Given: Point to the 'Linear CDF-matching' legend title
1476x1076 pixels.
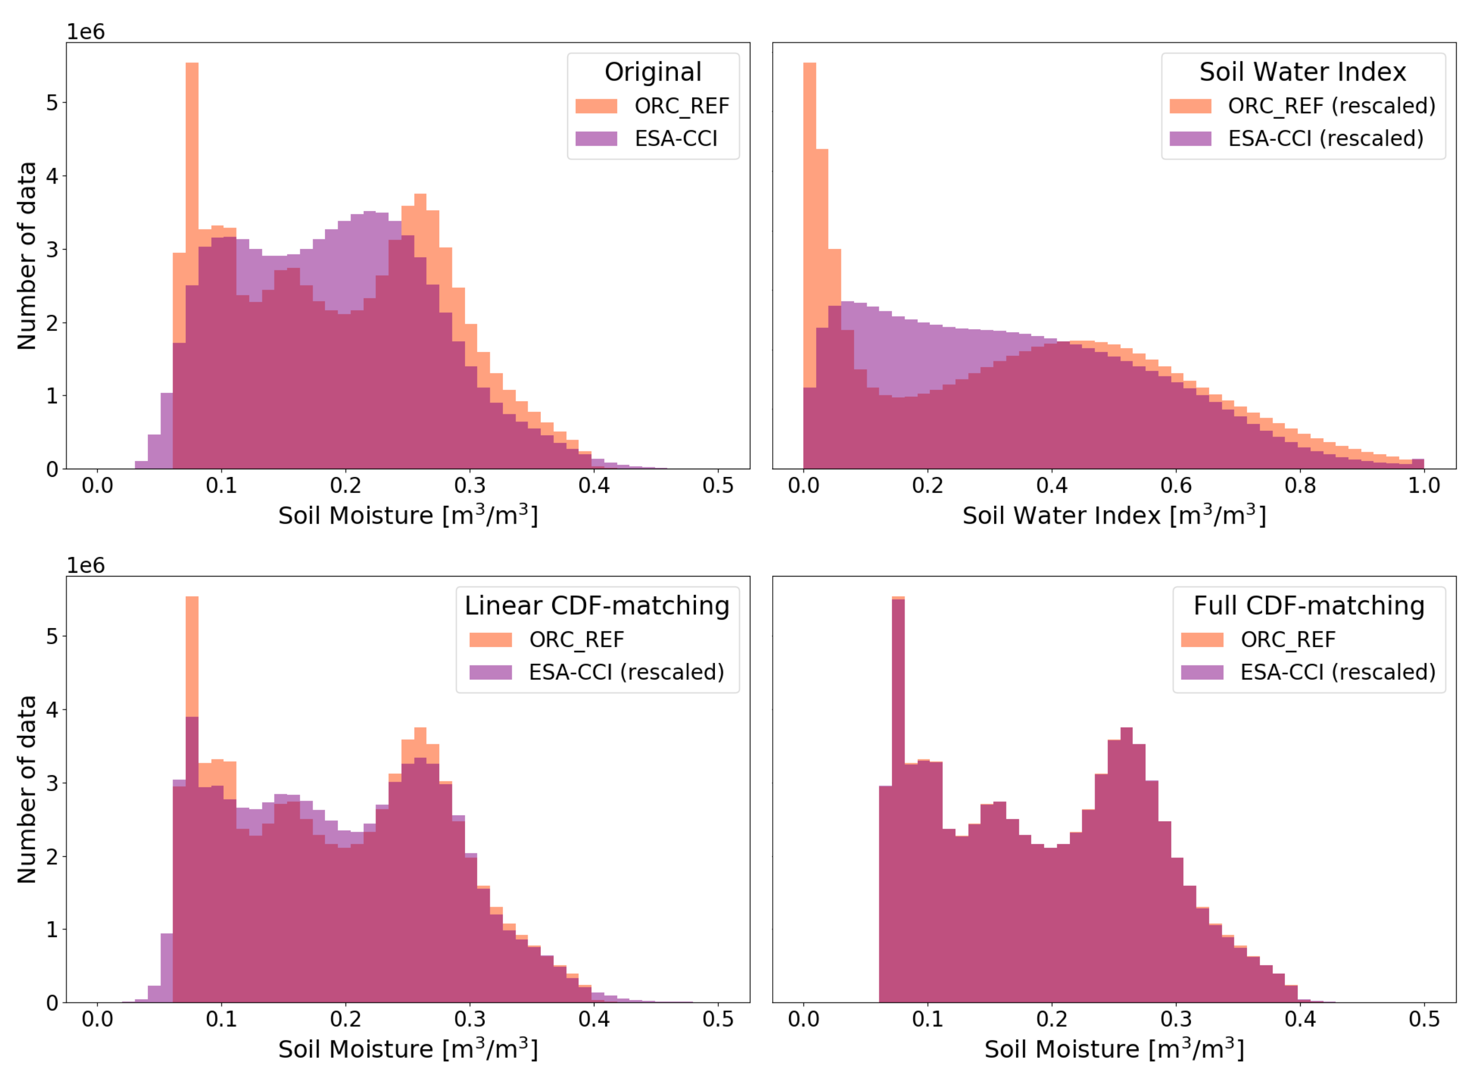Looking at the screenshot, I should (596, 606).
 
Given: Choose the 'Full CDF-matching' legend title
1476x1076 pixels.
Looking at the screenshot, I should (1309, 606).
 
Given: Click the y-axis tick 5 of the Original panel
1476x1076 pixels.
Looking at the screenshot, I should (52, 103).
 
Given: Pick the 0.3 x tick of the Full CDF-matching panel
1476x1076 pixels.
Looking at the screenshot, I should (1176, 1019).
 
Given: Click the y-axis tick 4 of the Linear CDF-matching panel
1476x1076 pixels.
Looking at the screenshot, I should (52, 709).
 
